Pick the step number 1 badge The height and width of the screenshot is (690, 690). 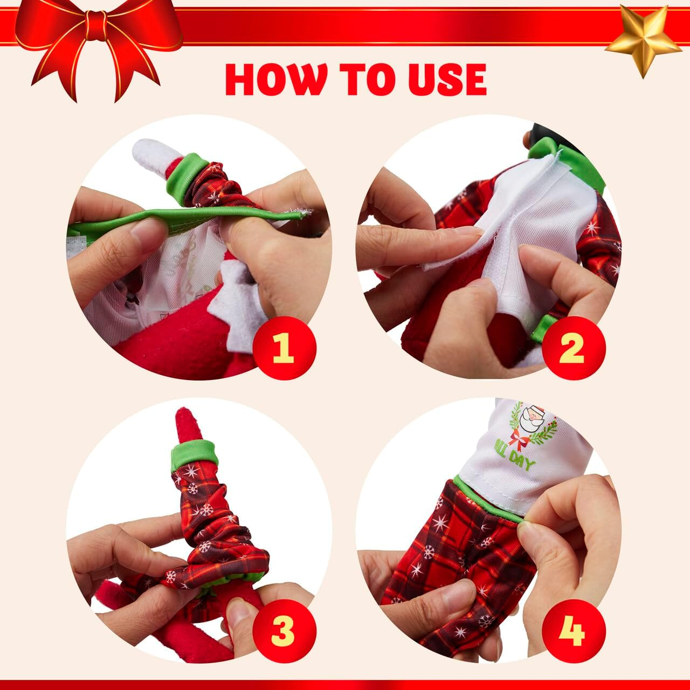point(284,348)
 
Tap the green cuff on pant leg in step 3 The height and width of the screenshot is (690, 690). point(194,453)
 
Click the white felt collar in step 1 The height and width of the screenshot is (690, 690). point(232,302)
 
